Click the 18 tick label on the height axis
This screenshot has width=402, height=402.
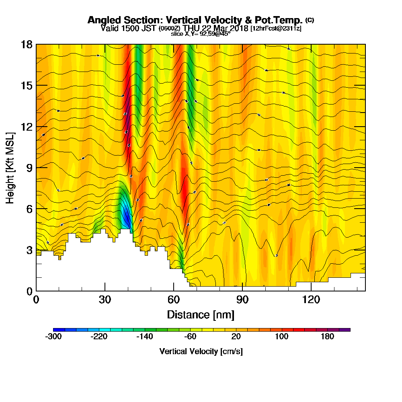tap(27, 45)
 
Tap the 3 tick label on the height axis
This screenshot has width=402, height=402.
tap(29, 250)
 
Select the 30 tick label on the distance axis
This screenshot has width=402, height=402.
tap(105, 300)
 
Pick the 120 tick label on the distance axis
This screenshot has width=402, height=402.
tap(311, 300)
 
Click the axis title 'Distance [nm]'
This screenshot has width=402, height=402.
tap(201, 314)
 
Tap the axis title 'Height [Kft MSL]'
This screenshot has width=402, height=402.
tap(10, 167)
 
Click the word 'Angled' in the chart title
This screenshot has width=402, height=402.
tap(102, 20)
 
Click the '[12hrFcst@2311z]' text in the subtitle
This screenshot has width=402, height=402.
tap(276, 29)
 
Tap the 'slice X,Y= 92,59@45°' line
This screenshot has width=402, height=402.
tap(201, 34)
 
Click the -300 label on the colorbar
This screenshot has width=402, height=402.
tap(53, 336)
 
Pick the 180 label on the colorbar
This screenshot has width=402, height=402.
tap(327, 336)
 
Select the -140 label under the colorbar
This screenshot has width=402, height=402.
tap(145, 336)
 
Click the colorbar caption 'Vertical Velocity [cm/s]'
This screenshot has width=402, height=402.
tap(201, 351)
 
